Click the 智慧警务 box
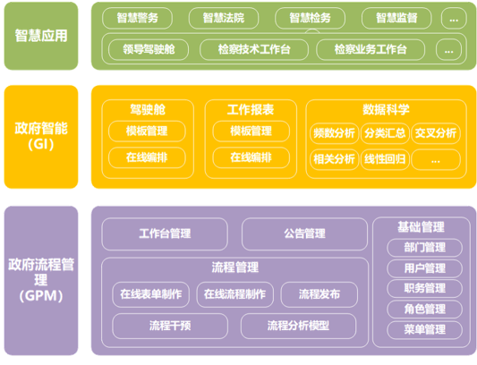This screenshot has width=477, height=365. pyautogui.click(x=138, y=18)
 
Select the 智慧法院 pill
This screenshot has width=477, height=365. pyautogui.click(x=224, y=18)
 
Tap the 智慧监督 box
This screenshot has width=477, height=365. pyautogui.click(x=396, y=18)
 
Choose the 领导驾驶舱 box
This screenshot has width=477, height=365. pyautogui.click(x=149, y=49)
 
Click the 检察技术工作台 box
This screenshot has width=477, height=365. pyautogui.click(x=254, y=49)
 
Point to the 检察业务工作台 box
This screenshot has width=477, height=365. pyautogui.click(x=371, y=49)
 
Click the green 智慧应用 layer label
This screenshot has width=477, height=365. pyautogui.click(x=41, y=36)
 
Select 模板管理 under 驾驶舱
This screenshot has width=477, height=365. pyautogui.click(x=147, y=132)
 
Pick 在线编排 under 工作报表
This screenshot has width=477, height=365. pyautogui.click(x=251, y=157)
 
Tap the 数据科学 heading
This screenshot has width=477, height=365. pyautogui.click(x=386, y=109)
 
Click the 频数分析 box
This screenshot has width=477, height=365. pyautogui.click(x=334, y=133)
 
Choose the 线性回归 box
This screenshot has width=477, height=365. pyautogui.click(x=385, y=159)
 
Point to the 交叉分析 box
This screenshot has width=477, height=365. pyautogui.click(x=436, y=133)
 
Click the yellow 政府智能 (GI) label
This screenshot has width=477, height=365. pyautogui.click(x=41, y=137)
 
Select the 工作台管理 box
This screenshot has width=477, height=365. pyautogui.click(x=165, y=233)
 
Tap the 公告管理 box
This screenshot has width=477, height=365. pyautogui.click(x=304, y=233)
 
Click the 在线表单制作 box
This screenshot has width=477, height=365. pyautogui.click(x=151, y=294)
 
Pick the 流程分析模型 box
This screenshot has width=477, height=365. pyautogui.click(x=298, y=326)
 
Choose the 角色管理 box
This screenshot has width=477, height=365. pyautogui.click(x=425, y=309)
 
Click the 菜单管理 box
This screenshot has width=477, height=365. pyautogui.click(x=425, y=330)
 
